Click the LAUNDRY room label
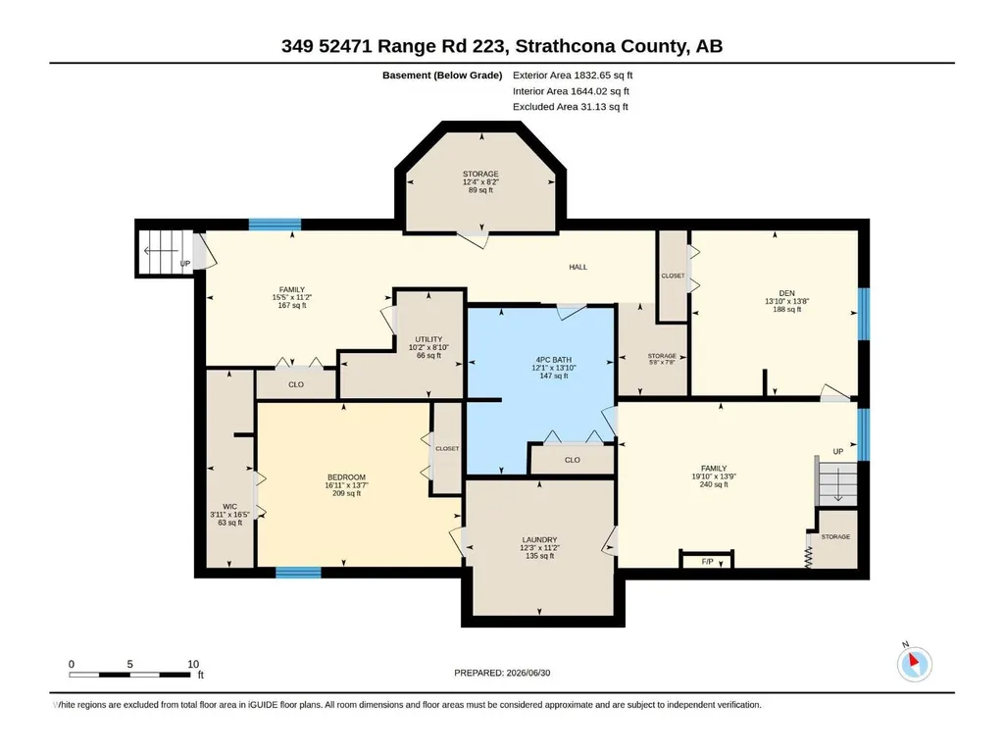(x=539, y=540)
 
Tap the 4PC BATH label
(x=554, y=360)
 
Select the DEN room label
(x=787, y=293)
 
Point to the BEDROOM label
(x=346, y=478)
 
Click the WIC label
(x=229, y=507)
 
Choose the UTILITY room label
(x=428, y=339)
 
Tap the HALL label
(x=578, y=267)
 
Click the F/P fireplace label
(x=707, y=562)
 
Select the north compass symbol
(x=915, y=664)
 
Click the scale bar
(x=129, y=675)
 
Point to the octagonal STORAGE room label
(x=480, y=174)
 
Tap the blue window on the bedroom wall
(x=298, y=572)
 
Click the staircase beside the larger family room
(x=835, y=486)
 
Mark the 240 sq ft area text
(x=714, y=484)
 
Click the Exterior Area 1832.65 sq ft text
(x=573, y=75)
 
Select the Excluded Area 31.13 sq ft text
(x=571, y=107)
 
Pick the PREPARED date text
(x=502, y=673)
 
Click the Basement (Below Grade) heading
(x=442, y=75)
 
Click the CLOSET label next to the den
(x=673, y=276)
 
